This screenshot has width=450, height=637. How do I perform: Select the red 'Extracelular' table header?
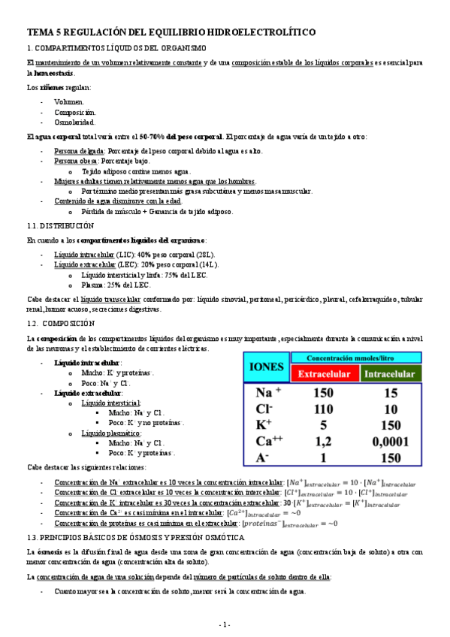pyautogui.click(x=322, y=374)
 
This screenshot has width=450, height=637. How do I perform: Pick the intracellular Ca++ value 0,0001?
pyautogui.click(x=391, y=442)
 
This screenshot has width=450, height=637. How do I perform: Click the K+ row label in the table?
pyautogui.click(x=264, y=425)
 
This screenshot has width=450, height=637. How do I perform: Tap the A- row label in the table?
pyautogui.click(x=263, y=457)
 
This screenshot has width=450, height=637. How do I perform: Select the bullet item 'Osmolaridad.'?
pyautogui.click(x=74, y=122)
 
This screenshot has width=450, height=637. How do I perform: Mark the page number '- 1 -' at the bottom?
pyautogui.click(x=225, y=624)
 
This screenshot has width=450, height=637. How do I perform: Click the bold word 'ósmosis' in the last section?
pyautogui.click(x=50, y=551)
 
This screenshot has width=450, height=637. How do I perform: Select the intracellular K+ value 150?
pyautogui.click(x=391, y=425)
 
